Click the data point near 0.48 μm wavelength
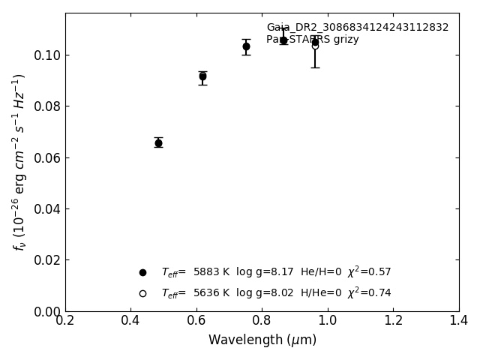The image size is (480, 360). pyautogui.click(x=158, y=142)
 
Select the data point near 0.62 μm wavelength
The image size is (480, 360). pyautogui.click(x=202, y=76)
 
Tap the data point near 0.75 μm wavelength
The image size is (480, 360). pyautogui.click(x=246, y=46)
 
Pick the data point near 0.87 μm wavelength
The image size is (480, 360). pyautogui.click(x=283, y=40)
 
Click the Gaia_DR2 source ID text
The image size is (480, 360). pyautogui.click(x=357, y=28)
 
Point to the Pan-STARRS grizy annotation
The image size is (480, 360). pyautogui.click(x=312, y=40)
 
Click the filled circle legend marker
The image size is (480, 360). pyautogui.click(x=142, y=272)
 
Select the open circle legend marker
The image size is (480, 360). pyautogui.click(x=142, y=293)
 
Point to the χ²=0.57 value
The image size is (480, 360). pyautogui.click(x=369, y=271)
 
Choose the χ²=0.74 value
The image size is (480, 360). pyautogui.click(x=369, y=292)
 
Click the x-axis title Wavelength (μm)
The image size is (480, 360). pyautogui.click(x=262, y=340)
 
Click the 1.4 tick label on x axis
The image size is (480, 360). pyautogui.click(x=458, y=321)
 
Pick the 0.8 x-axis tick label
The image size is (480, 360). pyautogui.click(x=262, y=321)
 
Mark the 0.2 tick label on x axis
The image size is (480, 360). pyautogui.click(x=65, y=321)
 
